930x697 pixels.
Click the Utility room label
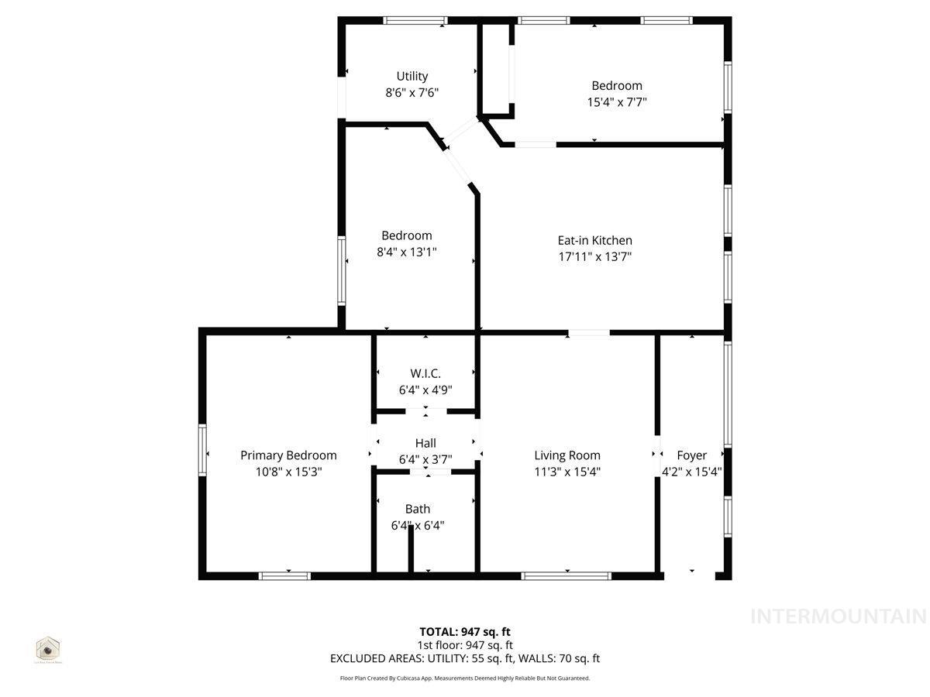tap(412, 77)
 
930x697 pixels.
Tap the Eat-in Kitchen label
tap(594, 241)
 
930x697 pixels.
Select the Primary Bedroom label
tap(288, 455)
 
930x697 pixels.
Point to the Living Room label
tap(567, 455)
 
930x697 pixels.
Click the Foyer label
tap(691, 455)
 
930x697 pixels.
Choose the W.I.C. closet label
tap(425, 373)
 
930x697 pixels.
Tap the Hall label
tap(425, 443)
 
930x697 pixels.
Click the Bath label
tap(418, 509)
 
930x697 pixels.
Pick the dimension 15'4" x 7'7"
tap(617, 101)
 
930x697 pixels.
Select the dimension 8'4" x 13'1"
tap(407, 252)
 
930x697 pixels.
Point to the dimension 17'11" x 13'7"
tap(594, 257)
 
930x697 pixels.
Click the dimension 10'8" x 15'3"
tap(288, 471)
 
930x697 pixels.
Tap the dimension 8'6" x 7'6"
tap(412, 92)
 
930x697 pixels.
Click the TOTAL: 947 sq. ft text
tap(465, 631)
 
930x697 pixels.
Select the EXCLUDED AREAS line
tap(465, 659)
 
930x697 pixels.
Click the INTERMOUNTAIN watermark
tap(839, 616)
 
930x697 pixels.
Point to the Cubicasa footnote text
tap(465, 678)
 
